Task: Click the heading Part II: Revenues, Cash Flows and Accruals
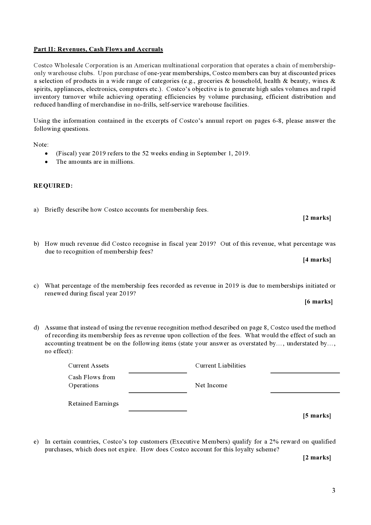point(98,49)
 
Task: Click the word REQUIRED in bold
point(53,186)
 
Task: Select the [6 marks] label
point(319,302)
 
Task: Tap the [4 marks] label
point(317,260)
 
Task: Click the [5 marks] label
point(317,416)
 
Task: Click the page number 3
point(334,491)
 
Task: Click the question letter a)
point(36,210)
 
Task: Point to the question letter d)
point(36,328)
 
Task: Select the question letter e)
point(36,442)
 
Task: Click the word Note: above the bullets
point(41,145)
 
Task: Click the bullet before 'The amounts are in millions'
point(46,162)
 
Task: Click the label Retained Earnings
point(93,404)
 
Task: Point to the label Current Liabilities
point(220,366)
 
